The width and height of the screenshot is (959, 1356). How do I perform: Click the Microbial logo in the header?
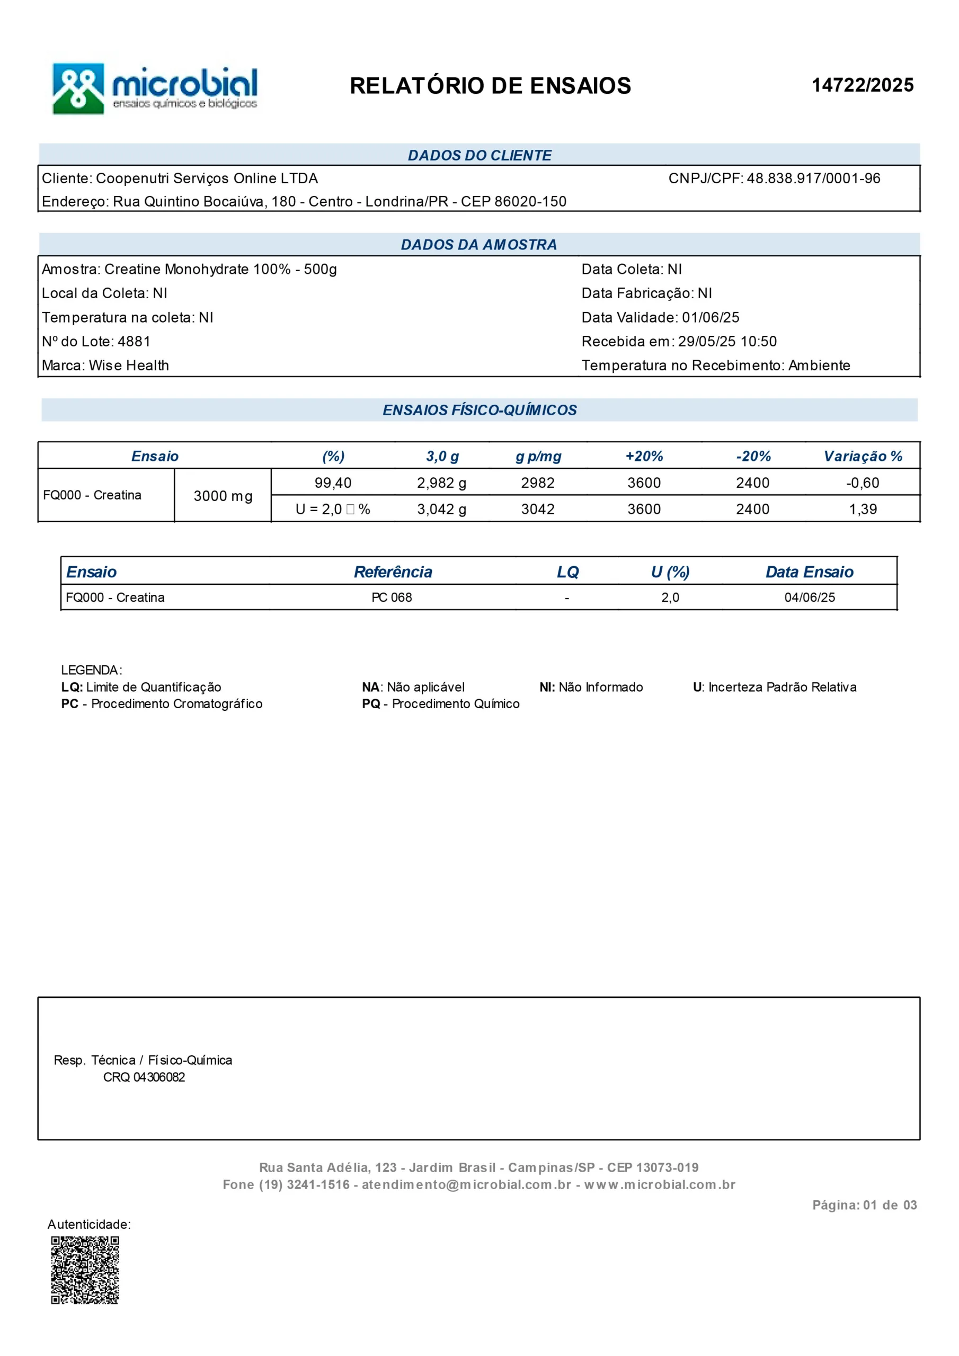155,88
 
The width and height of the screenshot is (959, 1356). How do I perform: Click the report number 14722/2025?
862,85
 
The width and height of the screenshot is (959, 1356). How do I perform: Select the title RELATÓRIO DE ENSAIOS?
490,86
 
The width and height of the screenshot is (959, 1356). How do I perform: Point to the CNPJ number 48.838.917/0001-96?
813,179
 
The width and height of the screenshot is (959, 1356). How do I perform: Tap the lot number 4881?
134,341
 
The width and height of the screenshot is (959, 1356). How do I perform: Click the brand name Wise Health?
129,365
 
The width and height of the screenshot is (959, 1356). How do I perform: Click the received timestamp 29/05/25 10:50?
727,341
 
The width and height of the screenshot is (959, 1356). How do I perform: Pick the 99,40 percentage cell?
333,483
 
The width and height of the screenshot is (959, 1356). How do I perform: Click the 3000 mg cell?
223,496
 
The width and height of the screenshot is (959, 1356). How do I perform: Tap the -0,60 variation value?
862,483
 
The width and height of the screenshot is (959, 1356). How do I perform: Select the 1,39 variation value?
863,509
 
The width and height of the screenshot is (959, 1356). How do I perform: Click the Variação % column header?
863,456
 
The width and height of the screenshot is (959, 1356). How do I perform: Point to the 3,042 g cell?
441,509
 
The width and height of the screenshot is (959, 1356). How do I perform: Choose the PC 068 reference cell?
392,597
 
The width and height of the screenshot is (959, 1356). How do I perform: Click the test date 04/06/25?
810,597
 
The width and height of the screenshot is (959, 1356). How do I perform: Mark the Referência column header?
393,572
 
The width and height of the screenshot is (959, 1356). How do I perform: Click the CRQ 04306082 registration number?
144,1077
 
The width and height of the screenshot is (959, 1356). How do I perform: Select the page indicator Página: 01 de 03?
864,1205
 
